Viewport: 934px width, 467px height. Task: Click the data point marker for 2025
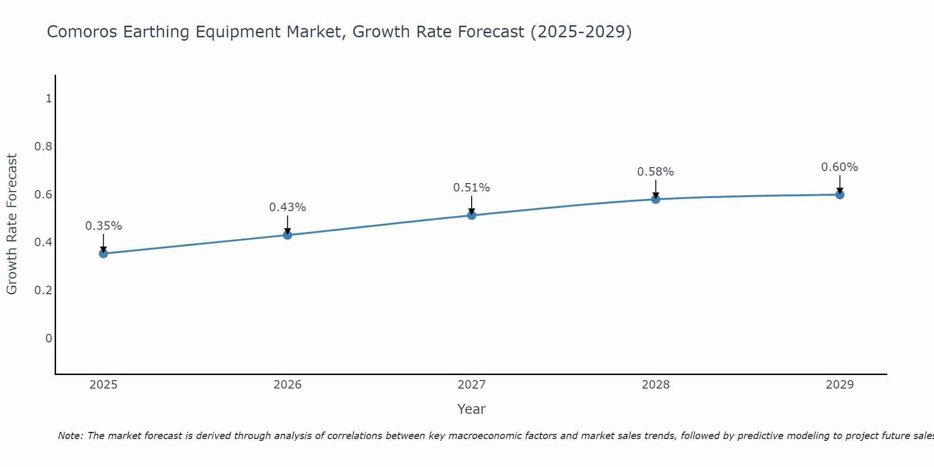point(104,254)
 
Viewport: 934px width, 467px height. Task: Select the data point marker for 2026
point(288,235)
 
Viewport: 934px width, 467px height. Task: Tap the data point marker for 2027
point(472,215)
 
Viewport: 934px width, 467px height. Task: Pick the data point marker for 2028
point(656,199)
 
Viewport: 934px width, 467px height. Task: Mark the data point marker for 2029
point(840,195)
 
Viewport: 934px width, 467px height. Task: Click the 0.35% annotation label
point(104,226)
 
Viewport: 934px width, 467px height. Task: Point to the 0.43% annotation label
point(288,207)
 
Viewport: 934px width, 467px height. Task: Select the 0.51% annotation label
point(472,188)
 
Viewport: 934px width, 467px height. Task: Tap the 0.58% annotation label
point(656,172)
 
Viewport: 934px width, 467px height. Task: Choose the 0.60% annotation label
point(840,167)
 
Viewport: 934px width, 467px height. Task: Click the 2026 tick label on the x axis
point(288,385)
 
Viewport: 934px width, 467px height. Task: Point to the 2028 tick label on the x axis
point(656,385)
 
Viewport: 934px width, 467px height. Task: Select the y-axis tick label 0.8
point(43,147)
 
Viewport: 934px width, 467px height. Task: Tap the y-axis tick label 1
point(49,99)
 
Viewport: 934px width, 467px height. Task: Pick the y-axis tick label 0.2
point(43,290)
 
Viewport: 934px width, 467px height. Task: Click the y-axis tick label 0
point(49,338)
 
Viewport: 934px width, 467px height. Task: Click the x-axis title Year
point(472,409)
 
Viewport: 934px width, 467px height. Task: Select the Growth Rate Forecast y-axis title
point(12,224)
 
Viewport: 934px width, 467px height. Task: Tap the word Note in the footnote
point(70,436)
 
